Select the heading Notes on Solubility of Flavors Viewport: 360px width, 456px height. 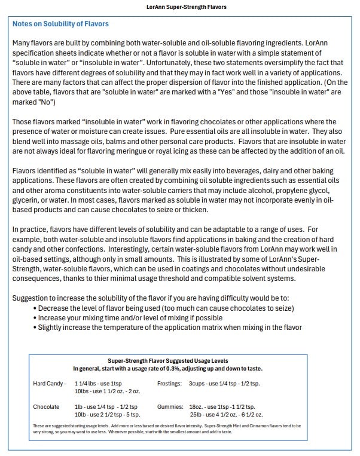tap(60, 25)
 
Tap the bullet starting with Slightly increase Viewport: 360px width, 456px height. tap(170, 327)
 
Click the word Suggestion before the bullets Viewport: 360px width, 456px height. tap(31, 298)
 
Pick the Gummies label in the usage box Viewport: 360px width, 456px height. tap(170, 406)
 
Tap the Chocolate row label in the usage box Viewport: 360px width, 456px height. tap(46, 406)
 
